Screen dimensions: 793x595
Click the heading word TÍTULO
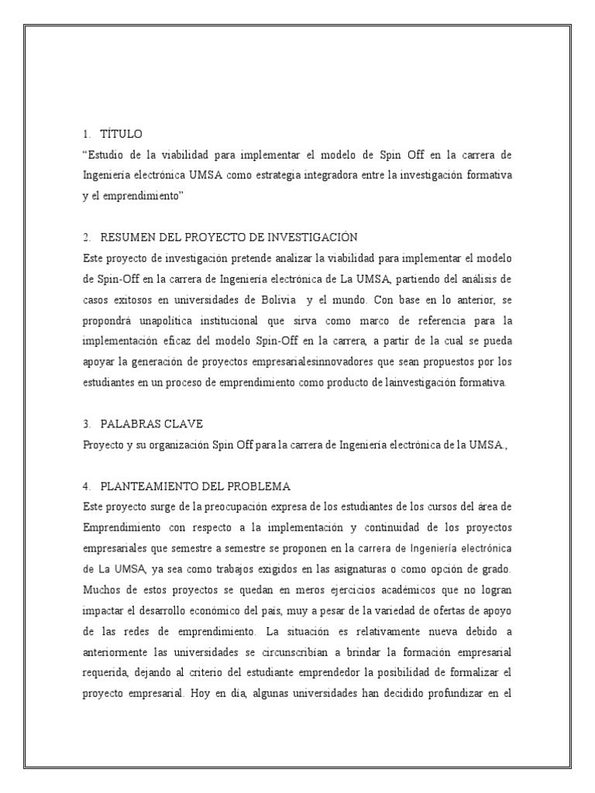[x=122, y=135]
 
